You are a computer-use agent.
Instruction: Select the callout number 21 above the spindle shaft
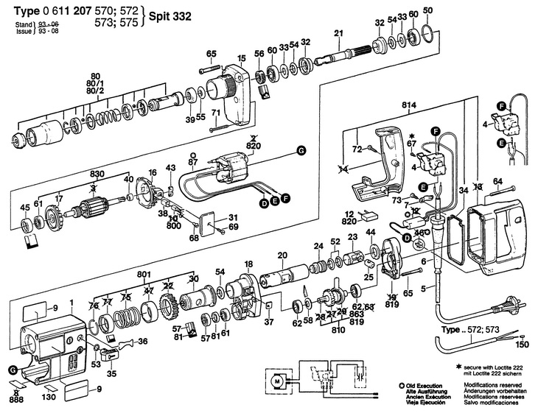(338, 32)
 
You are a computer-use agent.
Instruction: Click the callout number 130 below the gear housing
(49, 398)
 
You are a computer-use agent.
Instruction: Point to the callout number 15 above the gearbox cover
(241, 58)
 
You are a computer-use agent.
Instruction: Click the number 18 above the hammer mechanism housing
(248, 263)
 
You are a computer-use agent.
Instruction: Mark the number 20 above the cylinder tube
(282, 255)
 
